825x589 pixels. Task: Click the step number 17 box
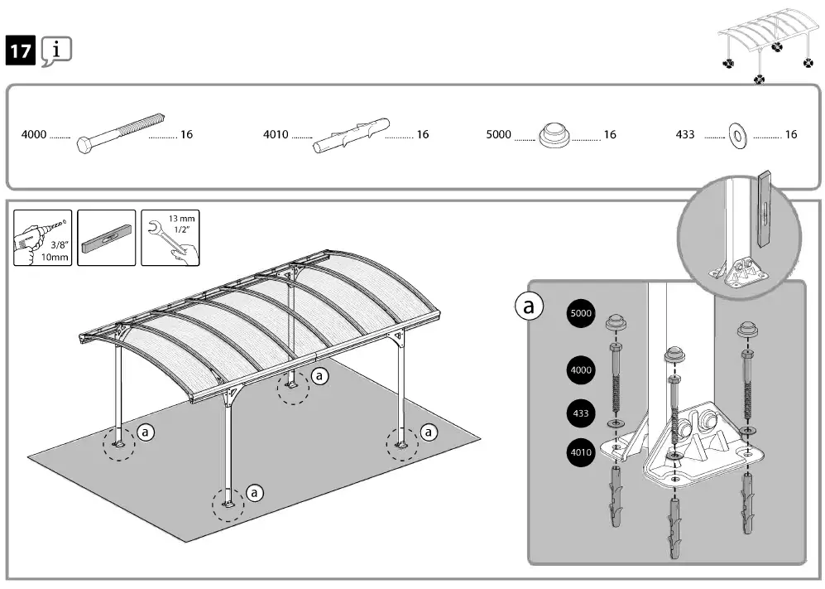(21, 51)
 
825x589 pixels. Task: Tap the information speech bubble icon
(56, 51)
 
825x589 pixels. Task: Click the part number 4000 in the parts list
(34, 134)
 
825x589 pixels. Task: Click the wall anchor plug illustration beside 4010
(350, 135)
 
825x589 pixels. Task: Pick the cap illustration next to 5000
(554, 135)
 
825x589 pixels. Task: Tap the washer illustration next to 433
(736, 135)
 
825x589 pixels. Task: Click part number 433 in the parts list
(685, 134)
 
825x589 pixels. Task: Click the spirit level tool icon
(106, 238)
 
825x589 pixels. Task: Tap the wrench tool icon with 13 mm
(170, 238)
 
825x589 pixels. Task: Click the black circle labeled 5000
(580, 314)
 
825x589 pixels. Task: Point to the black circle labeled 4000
(580, 369)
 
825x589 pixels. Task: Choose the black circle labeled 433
(580, 412)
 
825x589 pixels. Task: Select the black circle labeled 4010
(580, 452)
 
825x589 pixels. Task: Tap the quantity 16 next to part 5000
(610, 134)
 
